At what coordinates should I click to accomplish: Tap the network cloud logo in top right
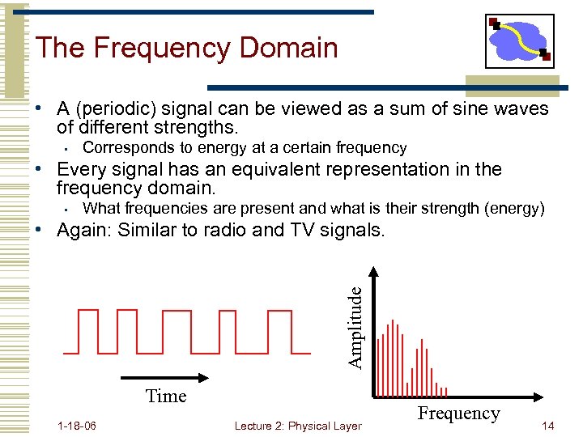click(x=520, y=40)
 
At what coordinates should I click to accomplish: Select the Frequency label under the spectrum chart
click(x=458, y=414)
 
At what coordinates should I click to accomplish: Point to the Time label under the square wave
click(x=166, y=396)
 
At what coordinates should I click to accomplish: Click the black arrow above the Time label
click(x=165, y=377)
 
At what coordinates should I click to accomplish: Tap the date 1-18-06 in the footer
click(x=77, y=426)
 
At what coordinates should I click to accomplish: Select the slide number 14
click(x=547, y=426)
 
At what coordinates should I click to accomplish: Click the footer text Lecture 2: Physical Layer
click(x=297, y=426)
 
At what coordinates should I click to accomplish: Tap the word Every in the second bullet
click(x=81, y=169)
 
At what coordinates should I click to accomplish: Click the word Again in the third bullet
click(x=83, y=230)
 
